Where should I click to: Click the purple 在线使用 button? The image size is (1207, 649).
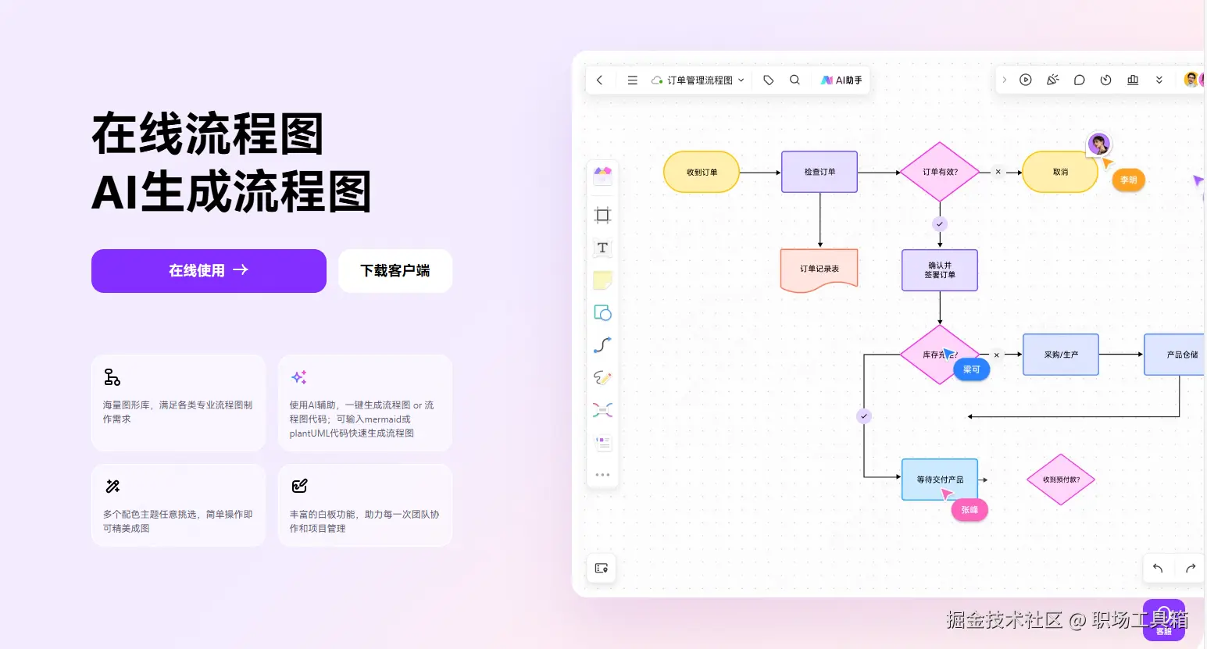coord(209,271)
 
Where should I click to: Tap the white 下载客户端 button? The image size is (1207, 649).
coord(395,271)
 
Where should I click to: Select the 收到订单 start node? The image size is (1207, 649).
coord(702,172)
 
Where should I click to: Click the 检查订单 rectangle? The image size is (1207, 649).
coord(820,172)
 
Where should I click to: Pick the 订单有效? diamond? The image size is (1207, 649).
coord(940,172)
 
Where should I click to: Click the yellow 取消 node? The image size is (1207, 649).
coord(1060,172)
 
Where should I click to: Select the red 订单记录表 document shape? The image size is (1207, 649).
coord(820,269)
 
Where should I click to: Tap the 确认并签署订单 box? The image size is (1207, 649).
coord(940,270)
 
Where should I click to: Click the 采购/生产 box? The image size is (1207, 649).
coord(1061,355)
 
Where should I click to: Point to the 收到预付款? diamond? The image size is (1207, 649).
coord(1061,480)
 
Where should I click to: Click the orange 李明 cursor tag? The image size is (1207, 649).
coord(1129,180)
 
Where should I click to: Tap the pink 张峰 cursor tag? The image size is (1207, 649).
coord(970,510)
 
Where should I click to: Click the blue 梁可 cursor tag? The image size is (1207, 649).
coord(971,369)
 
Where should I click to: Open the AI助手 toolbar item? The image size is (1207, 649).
coord(841,80)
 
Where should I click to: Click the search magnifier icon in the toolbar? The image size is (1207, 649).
coord(795,80)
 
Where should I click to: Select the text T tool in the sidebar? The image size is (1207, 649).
coord(602,248)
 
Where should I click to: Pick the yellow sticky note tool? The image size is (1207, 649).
coord(602,280)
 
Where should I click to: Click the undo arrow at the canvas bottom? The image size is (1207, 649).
coord(1158,568)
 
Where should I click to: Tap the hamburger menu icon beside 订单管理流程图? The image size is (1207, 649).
coord(633,80)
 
